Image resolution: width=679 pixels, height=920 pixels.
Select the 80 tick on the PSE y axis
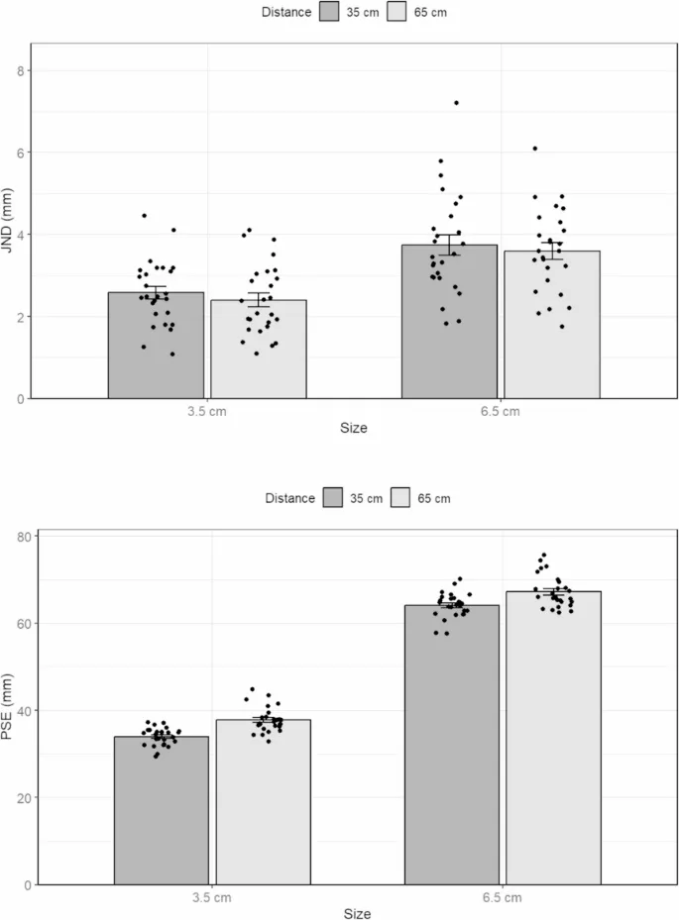coord(23,536)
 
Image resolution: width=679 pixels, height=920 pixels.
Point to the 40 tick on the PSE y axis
coord(23,710)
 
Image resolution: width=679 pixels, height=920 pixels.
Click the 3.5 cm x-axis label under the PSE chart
coord(212,897)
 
